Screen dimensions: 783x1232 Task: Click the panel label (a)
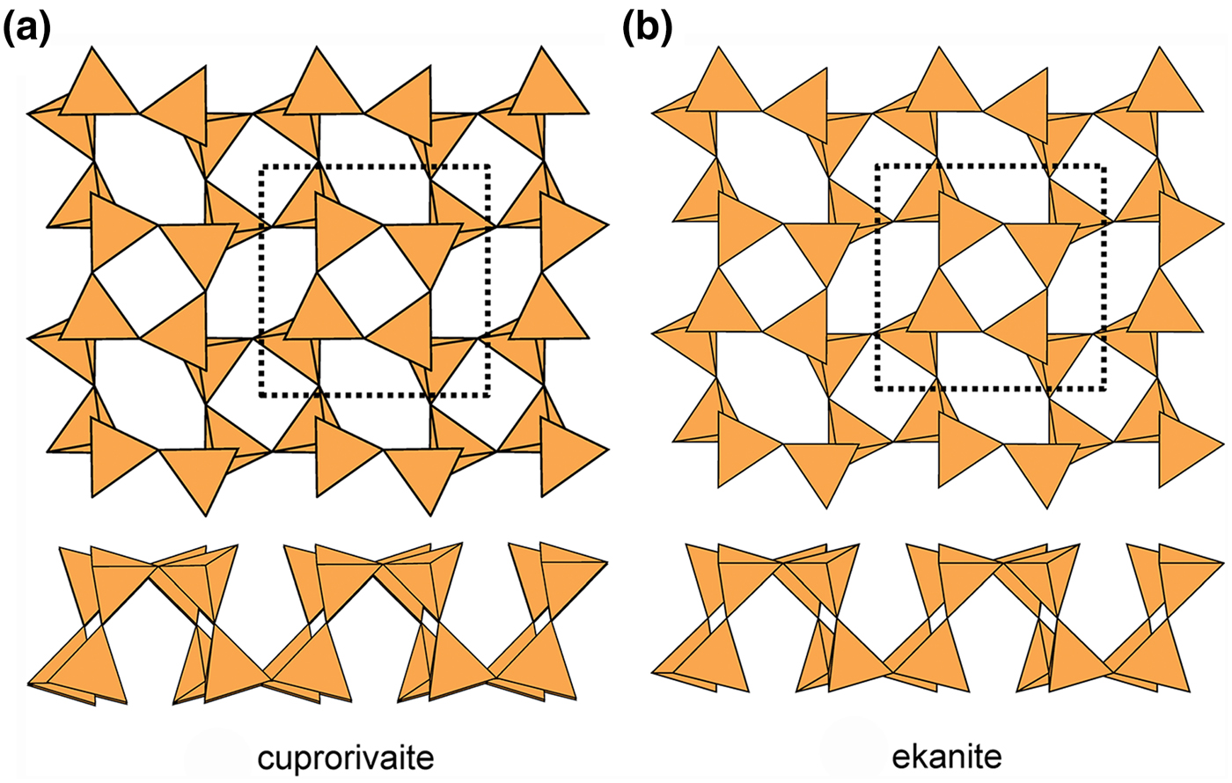[27, 28]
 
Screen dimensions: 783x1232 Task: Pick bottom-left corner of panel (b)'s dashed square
[877, 388]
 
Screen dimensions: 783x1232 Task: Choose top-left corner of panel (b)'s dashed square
[877, 166]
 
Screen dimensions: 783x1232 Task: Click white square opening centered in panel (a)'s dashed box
[374, 281]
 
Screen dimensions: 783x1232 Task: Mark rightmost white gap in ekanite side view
[1158, 621]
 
